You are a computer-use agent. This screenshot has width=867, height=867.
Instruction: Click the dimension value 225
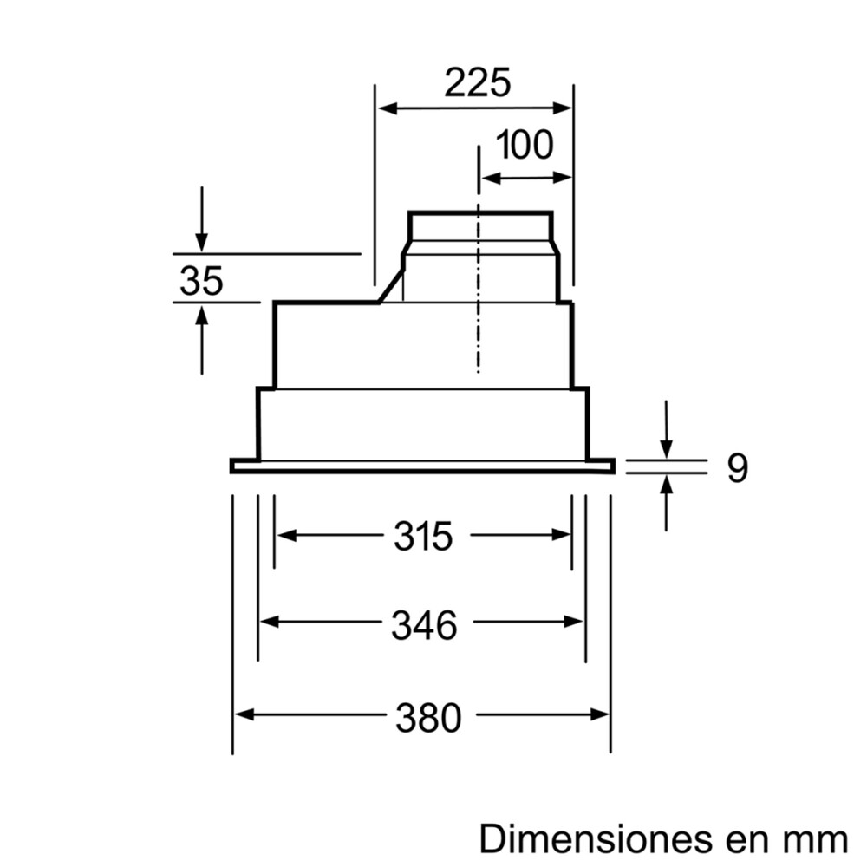478,83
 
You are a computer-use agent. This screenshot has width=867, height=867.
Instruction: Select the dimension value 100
525,145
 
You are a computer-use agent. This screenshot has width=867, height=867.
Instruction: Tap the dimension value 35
201,281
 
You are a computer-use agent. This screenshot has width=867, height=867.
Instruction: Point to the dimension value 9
736,468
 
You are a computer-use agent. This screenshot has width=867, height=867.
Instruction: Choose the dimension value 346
423,624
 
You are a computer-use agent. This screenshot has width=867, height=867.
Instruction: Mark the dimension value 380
428,717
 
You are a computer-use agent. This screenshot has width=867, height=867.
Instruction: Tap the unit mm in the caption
816,839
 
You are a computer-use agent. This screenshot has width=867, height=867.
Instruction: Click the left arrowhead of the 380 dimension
244,715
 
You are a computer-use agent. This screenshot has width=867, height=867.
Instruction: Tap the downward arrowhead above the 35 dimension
201,243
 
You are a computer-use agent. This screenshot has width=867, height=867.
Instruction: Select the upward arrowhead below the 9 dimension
666,483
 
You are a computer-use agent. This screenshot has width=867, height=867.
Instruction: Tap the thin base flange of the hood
422,466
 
